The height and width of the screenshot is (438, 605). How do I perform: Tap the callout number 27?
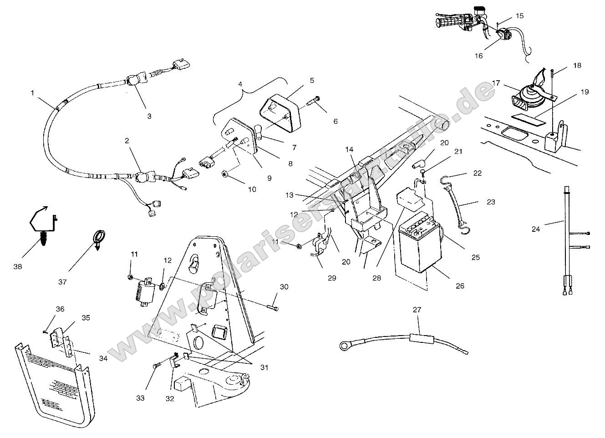click(x=417, y=310)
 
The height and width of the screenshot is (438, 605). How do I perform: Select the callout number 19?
click(x=585, y=92)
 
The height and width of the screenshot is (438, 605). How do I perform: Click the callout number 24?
click(x=536, y=229)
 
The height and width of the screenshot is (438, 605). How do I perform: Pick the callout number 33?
click(x=140, y=398)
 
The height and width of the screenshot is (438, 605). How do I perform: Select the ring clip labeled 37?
click(x=99, y=238)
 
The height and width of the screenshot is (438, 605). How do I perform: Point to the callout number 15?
click(x=520, y=16)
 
